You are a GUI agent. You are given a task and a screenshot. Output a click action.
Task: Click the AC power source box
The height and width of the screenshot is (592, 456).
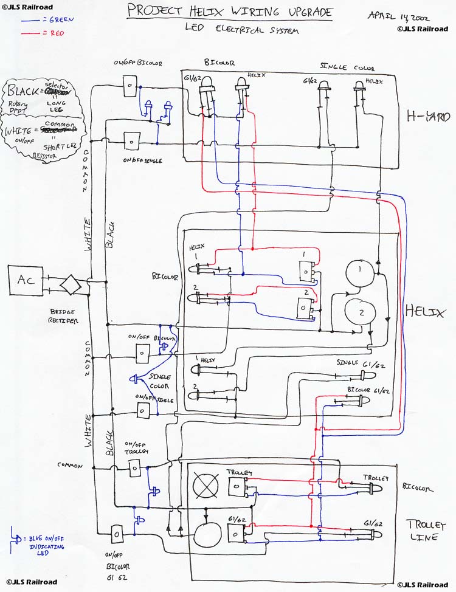tap(26, 281)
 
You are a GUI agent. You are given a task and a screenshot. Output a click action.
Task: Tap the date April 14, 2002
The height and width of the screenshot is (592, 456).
tap(399, 15)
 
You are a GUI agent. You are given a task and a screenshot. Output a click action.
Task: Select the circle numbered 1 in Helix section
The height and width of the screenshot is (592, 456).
tap(358, 270)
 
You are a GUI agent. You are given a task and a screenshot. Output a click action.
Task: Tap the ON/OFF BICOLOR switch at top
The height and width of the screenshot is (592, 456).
tap(130, 87)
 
